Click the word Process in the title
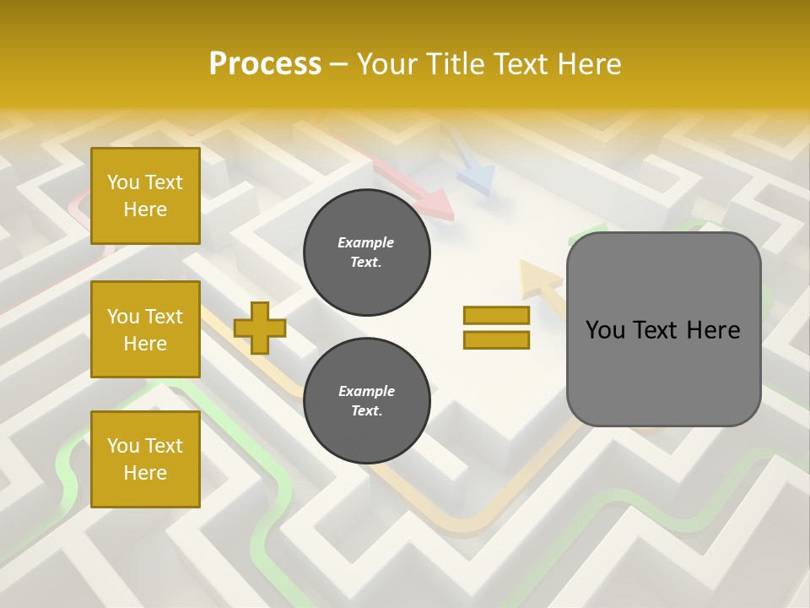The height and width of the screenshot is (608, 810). (265, 64)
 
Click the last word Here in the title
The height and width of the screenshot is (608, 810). (588, 64)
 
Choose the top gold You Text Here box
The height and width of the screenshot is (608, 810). (145, 196)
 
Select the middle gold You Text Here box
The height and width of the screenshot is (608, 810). (145, 329)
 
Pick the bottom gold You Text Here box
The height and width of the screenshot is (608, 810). (145, 459)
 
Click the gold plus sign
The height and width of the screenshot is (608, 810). (260, 328)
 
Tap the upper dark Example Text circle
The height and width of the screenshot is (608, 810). (366, 252)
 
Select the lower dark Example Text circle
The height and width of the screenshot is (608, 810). (366, 401)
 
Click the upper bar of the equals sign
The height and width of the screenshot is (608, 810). (496, 316)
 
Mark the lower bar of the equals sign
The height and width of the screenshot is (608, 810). (496, 340)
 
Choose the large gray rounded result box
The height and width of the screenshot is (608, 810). (663, 329)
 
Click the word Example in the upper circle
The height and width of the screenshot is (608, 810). (366, 242)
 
